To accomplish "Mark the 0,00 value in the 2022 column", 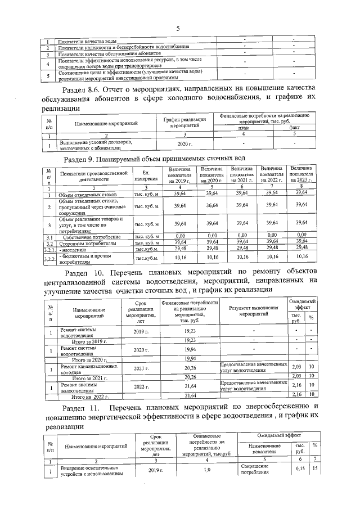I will pyautogui.click(x=272, y=236).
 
